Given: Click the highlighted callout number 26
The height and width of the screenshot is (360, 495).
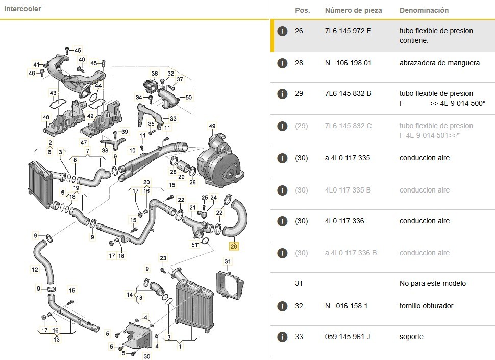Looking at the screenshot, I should tap(234, 246).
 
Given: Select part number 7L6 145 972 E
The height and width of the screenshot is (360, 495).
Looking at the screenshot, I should tap(348, 31).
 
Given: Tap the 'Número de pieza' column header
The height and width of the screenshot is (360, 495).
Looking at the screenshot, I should tap(353, 10).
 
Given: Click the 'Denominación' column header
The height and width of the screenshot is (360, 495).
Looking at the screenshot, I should tap(424, 10).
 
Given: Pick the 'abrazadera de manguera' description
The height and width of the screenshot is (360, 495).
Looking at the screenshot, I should tap(439, 63).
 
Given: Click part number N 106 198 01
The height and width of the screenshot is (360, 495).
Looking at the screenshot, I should tap(348, 63).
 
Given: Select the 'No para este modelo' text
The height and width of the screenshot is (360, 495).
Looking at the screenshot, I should tap(433, 283).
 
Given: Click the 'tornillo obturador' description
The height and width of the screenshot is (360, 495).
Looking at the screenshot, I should tap(426, 306).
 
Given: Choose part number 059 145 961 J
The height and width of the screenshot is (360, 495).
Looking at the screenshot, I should tap(348, 337).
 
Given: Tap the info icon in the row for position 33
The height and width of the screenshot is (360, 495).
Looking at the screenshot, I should tap(282, 337).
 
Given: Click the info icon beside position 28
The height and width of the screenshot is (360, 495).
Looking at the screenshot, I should tap(282, 63).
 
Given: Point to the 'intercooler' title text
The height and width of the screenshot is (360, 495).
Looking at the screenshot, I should tap(22, 9).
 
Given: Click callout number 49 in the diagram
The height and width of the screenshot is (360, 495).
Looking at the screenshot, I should tap(212, 126).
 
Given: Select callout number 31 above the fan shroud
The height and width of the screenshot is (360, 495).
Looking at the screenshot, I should tap(228, 262).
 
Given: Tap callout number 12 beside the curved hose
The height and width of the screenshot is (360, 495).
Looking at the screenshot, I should tap(35, 270).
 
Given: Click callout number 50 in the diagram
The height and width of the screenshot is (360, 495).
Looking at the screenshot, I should tap(189, 97).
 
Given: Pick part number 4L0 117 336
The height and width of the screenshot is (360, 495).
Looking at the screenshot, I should tap(344, 221).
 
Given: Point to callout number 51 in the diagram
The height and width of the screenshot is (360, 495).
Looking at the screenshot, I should tap(194, 244).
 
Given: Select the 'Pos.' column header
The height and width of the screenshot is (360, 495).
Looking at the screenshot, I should tap(303, 10).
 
